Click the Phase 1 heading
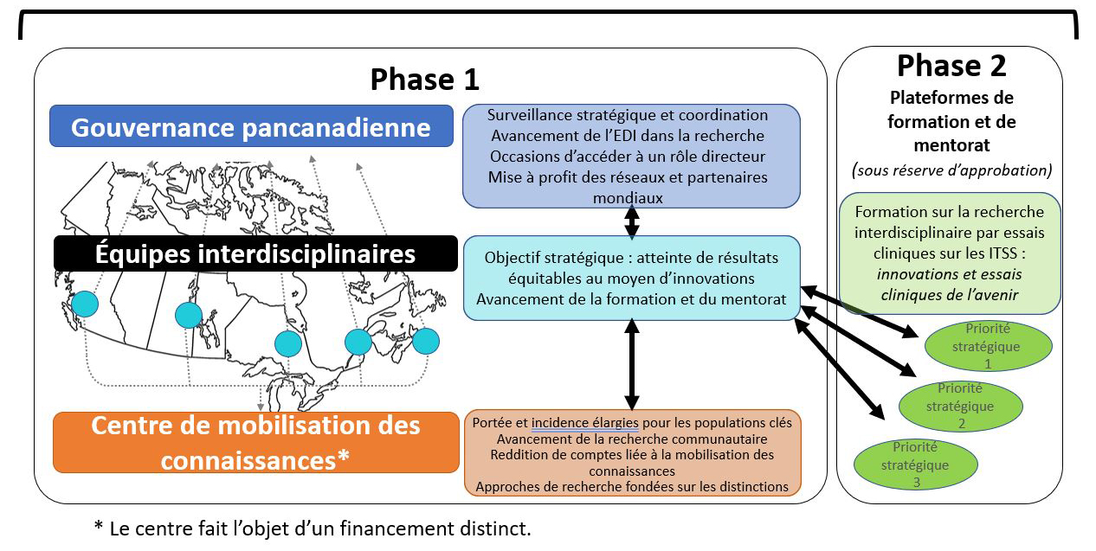(x=425, y=80)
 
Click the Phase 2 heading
(x=951, y=66)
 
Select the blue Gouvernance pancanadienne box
(x=252, y=126)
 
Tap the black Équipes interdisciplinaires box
(x=255, y=253)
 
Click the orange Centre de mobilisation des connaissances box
(x=256, y=443)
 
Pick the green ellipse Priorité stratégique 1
(x=988, y=346)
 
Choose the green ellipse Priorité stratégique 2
(x=960, y=406)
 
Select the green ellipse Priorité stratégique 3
(x=915, y=465)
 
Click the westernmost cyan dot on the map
(x=85, y=304)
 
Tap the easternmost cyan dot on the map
(x=426, y=341)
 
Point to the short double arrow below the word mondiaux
(x=632, y=222)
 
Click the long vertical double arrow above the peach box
(x=632, y=365)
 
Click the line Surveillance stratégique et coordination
(x=628, y=115)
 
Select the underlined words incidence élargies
(x=584, y=422)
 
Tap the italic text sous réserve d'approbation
(x=951, y=170)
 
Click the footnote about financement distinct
(x=313, y=529)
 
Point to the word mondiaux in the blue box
(x=628, y=198)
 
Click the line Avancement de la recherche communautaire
(x=632, y=439)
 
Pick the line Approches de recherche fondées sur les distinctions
(x=632, y=486)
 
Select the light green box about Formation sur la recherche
(x=950, y=253)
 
